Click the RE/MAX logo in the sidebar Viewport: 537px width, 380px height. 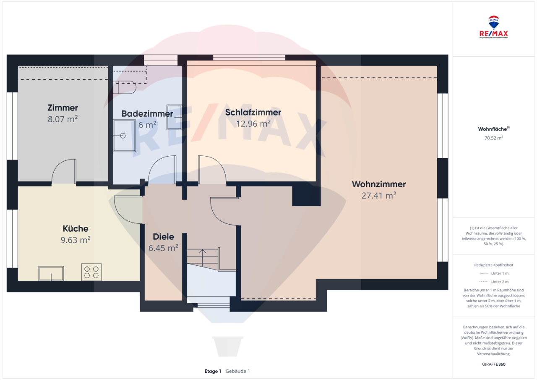tap(494, 27)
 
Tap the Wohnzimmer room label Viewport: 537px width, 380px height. tap(378, 184)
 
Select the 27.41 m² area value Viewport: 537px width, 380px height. tap(378, 195)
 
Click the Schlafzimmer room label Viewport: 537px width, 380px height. tap(253, 113)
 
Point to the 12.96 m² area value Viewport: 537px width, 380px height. tap(253, 123)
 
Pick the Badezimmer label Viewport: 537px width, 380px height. tap(147, 114)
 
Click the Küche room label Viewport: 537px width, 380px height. tap(76, 229)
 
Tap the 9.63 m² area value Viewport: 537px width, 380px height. tap(76, 240)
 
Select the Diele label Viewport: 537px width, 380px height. tap(163, 237)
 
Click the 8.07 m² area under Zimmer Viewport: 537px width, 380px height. tap(63, 119)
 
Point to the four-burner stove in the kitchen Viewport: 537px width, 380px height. tap(91, 272)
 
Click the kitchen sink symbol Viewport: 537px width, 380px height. tap(51, 273)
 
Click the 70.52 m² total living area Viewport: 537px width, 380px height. tap(494, 137)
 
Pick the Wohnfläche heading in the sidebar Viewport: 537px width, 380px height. tap(493, 129)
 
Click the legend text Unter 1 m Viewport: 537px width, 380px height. tap(499, 273)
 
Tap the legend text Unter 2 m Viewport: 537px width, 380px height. tap(499, 282)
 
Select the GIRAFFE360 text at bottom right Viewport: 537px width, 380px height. tap(494, 364)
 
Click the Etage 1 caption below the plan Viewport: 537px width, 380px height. tap(213, 371)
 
